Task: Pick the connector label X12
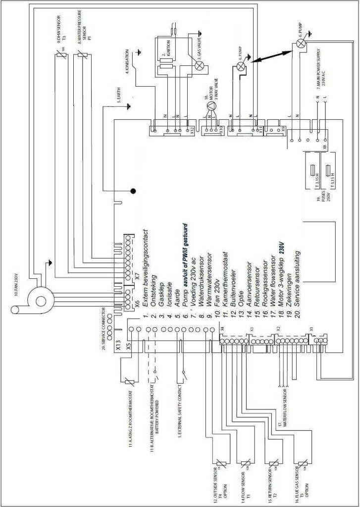point(192,130)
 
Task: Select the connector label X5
point(129,347)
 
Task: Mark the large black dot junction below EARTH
point(133,191)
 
